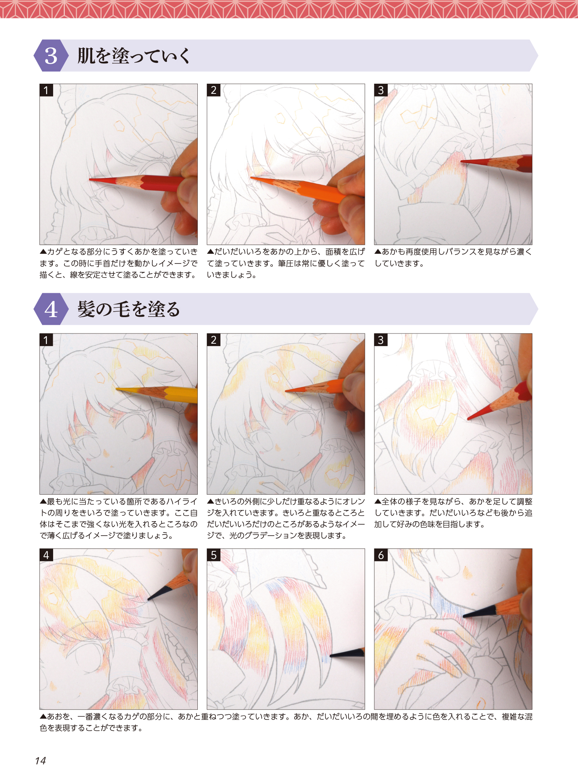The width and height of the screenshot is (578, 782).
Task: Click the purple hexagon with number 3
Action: point(51,56)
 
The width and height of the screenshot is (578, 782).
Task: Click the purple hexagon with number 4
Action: point(51,309)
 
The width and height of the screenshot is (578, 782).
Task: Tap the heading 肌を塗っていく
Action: point(134,56)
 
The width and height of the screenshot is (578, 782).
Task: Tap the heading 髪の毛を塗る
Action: point(129,309)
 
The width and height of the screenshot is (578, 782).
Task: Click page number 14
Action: point(40,760)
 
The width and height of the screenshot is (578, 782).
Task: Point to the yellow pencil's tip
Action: point(116,389)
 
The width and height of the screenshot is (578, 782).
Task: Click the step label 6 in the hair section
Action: point(381,555)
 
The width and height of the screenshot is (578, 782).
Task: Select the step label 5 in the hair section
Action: point(213,555)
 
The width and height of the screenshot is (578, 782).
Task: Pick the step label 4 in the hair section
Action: point(46,555)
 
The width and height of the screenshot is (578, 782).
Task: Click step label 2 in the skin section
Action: point(213,90)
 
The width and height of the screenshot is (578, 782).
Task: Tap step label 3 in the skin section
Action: point(381,90)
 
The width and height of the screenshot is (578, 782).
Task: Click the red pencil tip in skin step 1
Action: point(90,179)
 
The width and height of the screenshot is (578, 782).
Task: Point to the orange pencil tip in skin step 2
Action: point(251,178)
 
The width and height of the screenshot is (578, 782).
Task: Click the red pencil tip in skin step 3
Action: point(461,161)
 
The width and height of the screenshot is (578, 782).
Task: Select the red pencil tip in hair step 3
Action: point(468,419)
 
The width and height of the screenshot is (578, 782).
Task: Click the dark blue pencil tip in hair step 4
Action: point(148,599)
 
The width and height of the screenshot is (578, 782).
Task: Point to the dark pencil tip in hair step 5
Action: point(331,655)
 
